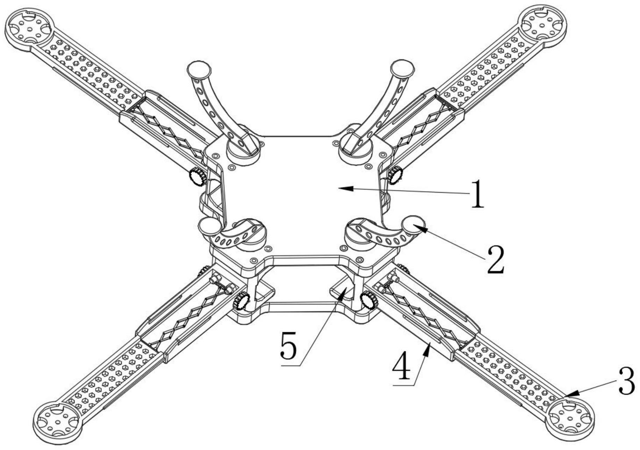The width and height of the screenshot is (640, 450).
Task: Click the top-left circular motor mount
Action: pos(29,28)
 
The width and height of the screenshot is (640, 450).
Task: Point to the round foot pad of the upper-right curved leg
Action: pos(402,68)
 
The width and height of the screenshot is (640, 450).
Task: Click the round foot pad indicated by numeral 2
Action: pos(414,224)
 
